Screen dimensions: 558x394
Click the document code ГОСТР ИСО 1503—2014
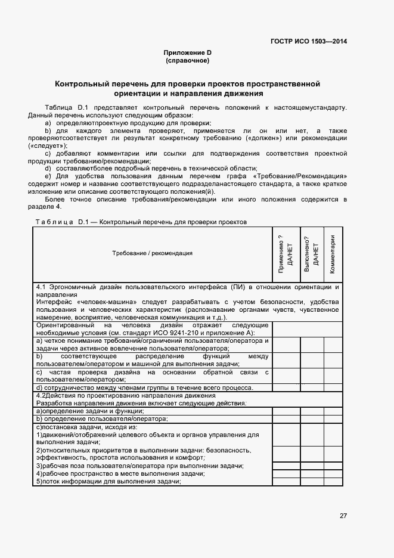pyautogui.click(x=309, y=41)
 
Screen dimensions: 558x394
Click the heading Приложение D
pyautogui.click(x=188, y=53)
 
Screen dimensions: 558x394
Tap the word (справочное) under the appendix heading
pyautogui.click(x=188, y=61)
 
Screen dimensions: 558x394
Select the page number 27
pyautogui.click(x=343, y=515)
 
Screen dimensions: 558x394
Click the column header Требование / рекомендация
pyautogui.click(x=152, y=253)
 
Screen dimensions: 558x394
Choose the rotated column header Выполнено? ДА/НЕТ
pyautogui.click(x=311, y=253)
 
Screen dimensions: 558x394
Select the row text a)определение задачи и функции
pyautogui.click(x=90, y=411)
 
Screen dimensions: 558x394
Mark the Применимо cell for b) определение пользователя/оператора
pyautogui.click(x=286, y=418)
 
